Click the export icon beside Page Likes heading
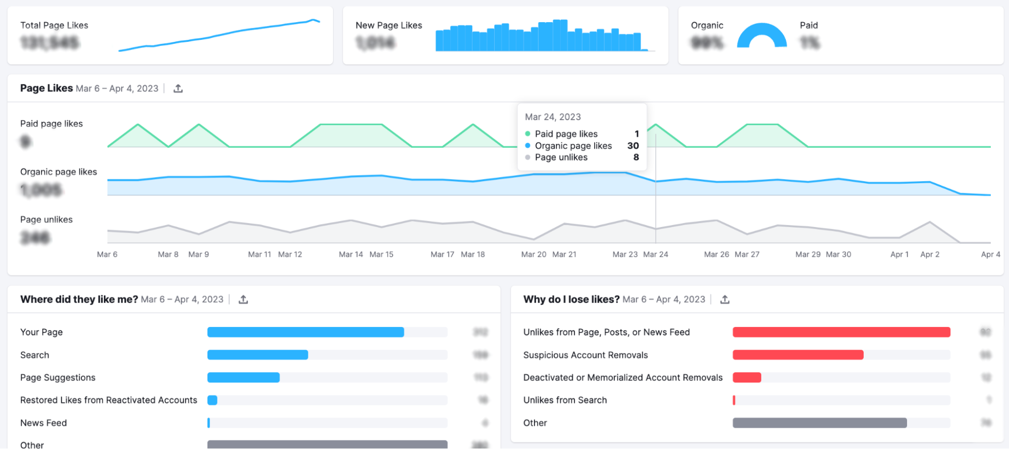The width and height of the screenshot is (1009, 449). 178,89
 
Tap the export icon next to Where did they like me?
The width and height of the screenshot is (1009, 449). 243,300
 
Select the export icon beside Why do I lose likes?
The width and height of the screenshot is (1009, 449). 725,300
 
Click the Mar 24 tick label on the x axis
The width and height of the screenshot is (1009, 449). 655,255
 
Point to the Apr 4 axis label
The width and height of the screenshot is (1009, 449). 990,255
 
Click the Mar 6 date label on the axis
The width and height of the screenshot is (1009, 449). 107,255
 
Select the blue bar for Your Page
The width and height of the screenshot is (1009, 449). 305,332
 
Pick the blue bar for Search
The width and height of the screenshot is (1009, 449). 257,355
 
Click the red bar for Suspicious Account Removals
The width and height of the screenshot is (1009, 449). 798,355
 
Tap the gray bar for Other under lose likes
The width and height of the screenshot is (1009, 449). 819,423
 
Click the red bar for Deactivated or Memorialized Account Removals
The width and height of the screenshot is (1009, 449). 747,377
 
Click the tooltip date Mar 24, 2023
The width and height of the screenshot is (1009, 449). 553,117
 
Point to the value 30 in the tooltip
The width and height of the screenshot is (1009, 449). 633,146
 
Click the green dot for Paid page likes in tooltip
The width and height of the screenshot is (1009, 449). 527,134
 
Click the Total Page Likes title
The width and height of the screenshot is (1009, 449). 54,25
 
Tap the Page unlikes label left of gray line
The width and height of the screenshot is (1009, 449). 46,219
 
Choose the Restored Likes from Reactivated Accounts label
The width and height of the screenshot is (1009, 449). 109,400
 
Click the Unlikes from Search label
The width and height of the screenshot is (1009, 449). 565,400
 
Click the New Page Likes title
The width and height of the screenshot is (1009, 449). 389,25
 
